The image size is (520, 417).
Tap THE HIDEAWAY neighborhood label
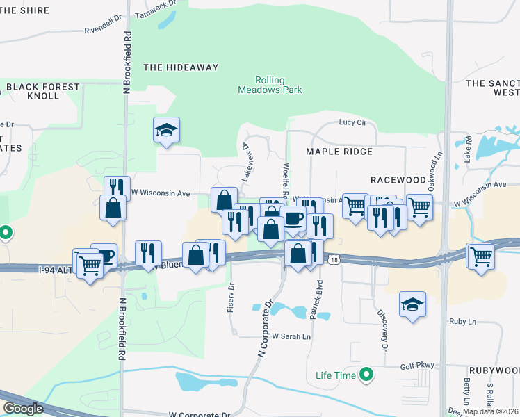coord(181,67)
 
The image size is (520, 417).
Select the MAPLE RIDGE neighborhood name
coord(340,152)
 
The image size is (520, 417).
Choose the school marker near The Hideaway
coord(167,130)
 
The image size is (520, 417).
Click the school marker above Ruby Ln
coord(412,304)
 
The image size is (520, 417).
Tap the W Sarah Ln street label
coord(291,336)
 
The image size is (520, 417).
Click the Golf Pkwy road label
coord(416,366)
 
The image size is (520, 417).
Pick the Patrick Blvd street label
coord(317,300)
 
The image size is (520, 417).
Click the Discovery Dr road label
coord(383,329)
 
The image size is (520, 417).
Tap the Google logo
coord(22,409)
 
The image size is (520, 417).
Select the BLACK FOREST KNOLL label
coord(43,91)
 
